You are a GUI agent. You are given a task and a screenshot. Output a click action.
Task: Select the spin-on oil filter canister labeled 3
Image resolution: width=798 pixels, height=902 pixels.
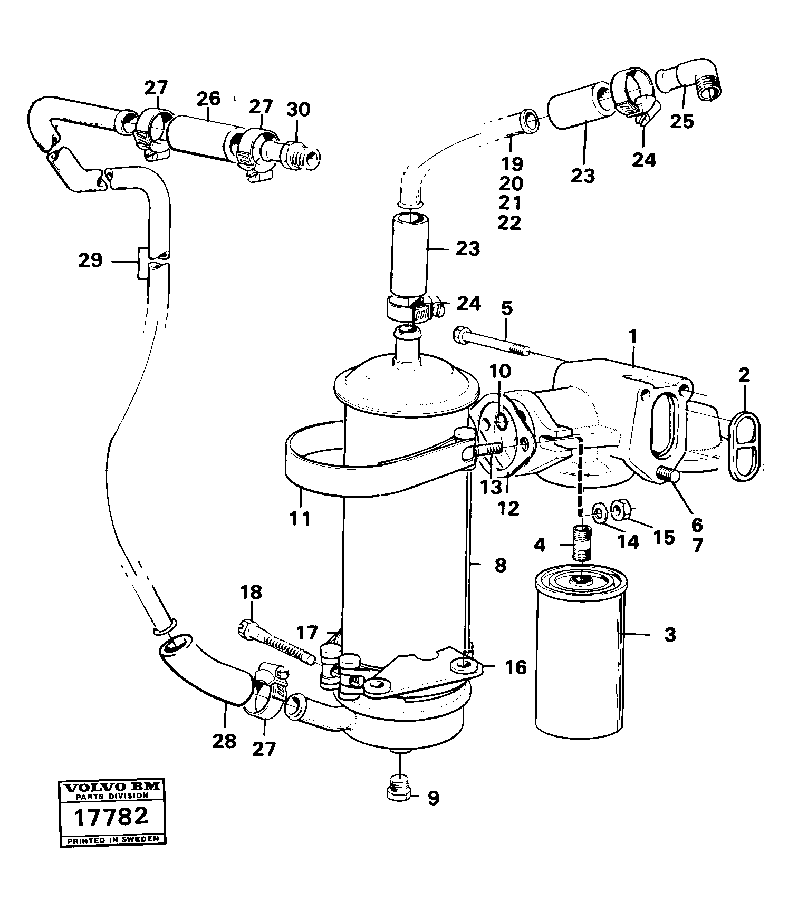pyautogui.click(x=580, y=654)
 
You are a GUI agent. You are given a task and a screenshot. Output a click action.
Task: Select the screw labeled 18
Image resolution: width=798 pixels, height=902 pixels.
pyautogui.click(x=274, y=641)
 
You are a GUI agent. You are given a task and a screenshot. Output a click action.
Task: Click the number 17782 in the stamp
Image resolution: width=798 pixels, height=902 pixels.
pyautogui.click(x=110, y=817)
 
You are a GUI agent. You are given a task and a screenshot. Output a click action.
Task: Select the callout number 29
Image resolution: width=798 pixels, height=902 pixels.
pyautogui.click(x=90, y=260)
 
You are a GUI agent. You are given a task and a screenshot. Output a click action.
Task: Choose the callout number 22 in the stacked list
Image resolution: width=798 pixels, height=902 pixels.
pyautogui.click(x=509, y=222)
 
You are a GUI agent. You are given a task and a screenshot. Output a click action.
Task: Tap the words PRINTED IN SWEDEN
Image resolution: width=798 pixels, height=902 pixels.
pyautogui.click(x=110, y=840)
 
